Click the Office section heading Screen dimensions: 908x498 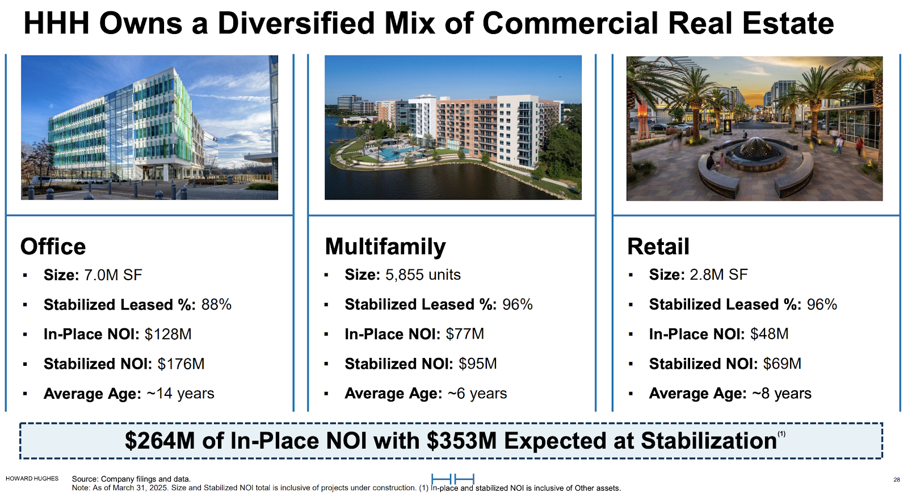pyautogui.click(x=53, y=246)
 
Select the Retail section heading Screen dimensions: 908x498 pyautogui.click(x=658, y=246)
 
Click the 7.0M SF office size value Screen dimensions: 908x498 pyautogui.click(x=113, y=275)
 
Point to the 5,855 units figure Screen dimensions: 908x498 pyautogui.click(x=423, y=275)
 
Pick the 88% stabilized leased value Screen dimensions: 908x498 pyautogui.click(x=216, y=305)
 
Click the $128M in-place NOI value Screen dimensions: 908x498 pyautogui.click(x=168, y=334)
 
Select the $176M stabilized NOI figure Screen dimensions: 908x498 pyautogui.click(x=181, y=364)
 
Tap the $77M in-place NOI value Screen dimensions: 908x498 pyautogui.click(x=465, y=334)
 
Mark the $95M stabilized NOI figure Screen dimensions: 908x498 pyautogui.click(x=477, y=364)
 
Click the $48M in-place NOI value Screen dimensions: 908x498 pyautogui.click(x=770, y=334)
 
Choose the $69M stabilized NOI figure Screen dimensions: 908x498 pyautogui.click(x=783, y=364)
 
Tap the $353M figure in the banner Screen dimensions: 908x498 pyautogui.click(x=461, y=441)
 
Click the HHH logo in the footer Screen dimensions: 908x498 pyautogui.click(x=453, y=479)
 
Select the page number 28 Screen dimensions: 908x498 pyautogui.click(x=897, y=479)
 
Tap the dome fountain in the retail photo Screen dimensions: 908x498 pyautogui.click(x=755, y=149)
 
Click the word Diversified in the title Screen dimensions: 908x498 pyautogui.click(x=296, y=23)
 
